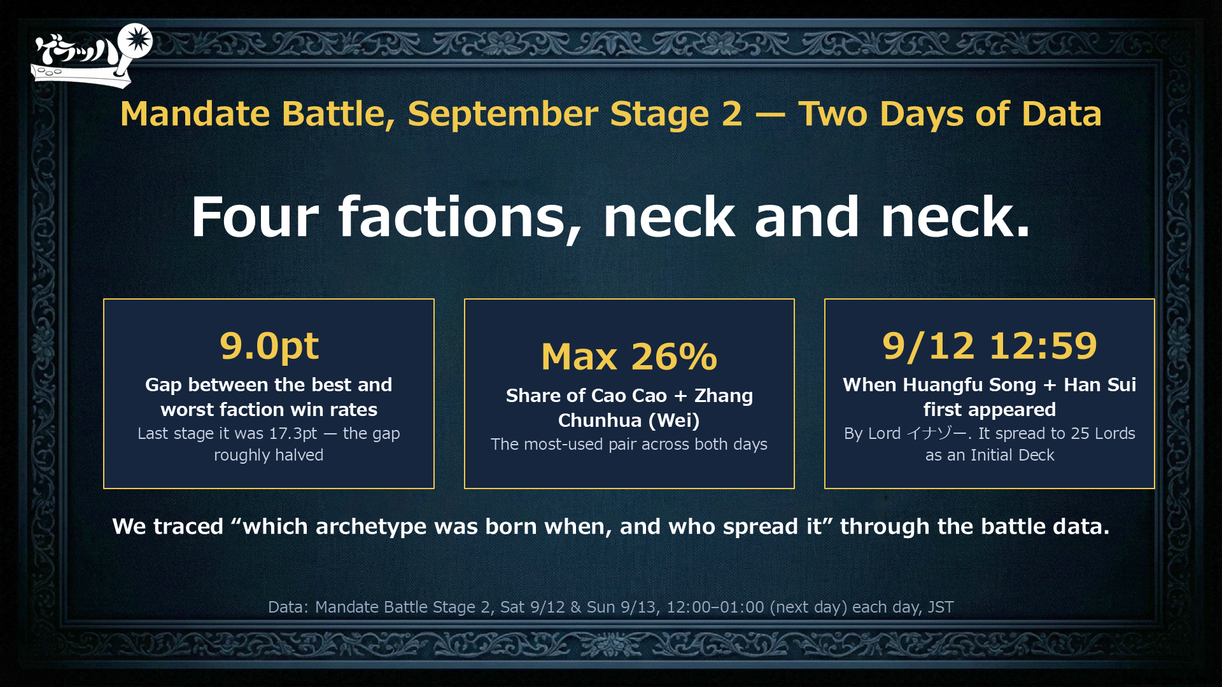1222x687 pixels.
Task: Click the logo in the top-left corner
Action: click(x=92, y=56)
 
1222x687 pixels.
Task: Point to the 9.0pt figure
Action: click(x=269, y=346)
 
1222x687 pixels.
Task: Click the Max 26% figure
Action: click(x=629, y=356)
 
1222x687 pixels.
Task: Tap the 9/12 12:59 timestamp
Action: click(x=990, y=346)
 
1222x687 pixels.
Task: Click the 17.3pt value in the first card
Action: click(x=293, y=434)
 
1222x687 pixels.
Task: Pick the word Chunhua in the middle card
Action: click(x=600, y=420)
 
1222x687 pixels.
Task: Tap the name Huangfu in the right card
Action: click(x=939, y=385)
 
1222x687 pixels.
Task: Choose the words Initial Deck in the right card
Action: click(x=1012, y=455)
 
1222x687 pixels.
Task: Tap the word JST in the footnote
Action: click(x=941, y=607)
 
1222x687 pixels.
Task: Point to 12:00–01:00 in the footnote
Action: click(x=715, y=607)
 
